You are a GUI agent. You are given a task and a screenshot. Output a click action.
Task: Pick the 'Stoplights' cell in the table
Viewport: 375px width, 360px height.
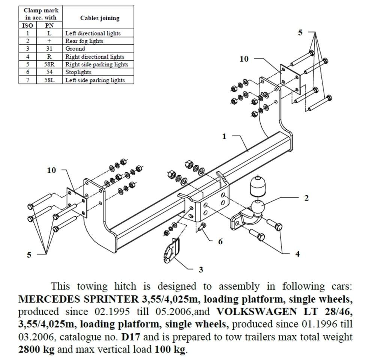[x=78, y=72]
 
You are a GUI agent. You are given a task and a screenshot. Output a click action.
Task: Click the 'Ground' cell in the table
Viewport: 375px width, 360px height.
[x=75, y=49]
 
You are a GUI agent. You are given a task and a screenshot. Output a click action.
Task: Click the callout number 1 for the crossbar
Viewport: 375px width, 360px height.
[x=224, y=137]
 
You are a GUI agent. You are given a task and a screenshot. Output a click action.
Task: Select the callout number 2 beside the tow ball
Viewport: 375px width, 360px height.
[x=306, y=198]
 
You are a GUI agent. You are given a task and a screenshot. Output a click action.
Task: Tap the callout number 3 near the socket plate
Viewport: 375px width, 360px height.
[x=201, y=269]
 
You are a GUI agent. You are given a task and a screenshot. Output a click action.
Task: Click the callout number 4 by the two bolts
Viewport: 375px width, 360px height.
[x=297, y=254]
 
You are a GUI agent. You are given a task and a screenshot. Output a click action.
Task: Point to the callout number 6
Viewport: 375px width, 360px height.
[x=220, y=241]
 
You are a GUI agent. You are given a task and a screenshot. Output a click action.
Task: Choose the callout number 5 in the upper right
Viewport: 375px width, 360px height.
[x=300, y=33]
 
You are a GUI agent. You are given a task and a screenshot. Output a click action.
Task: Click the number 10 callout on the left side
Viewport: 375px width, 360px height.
[x=51, y=170]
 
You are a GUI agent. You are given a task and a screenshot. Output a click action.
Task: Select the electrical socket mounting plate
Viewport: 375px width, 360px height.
[x=171, y=252]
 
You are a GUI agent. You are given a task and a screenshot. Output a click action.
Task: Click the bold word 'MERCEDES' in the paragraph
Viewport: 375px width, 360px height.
[x=45, y=299]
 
